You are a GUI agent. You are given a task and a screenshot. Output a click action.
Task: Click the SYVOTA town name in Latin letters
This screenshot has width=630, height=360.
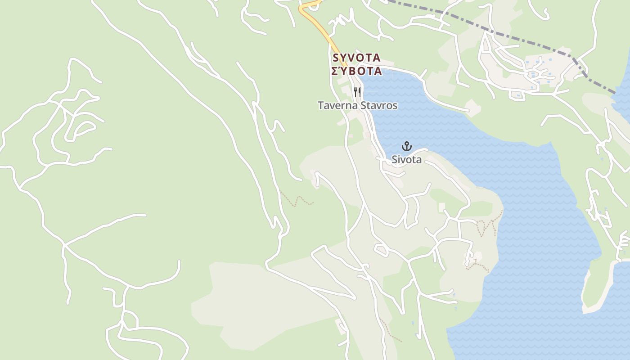356,58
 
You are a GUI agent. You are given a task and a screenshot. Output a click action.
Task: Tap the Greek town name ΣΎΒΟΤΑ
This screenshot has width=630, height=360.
356,71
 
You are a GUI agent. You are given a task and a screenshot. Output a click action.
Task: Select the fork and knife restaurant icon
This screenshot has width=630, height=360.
357,92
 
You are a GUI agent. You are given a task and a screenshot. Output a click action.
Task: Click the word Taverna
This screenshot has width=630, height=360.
337,105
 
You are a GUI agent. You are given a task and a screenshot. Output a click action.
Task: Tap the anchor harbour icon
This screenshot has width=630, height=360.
407,146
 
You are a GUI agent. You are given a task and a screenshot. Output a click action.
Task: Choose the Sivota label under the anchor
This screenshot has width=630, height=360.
407,159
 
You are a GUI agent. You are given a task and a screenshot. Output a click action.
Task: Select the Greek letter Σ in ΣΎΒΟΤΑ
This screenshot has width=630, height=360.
335,71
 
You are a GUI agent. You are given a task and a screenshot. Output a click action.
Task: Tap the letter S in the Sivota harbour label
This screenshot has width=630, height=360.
395,159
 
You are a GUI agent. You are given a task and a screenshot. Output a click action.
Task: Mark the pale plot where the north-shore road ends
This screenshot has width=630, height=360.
473,108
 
